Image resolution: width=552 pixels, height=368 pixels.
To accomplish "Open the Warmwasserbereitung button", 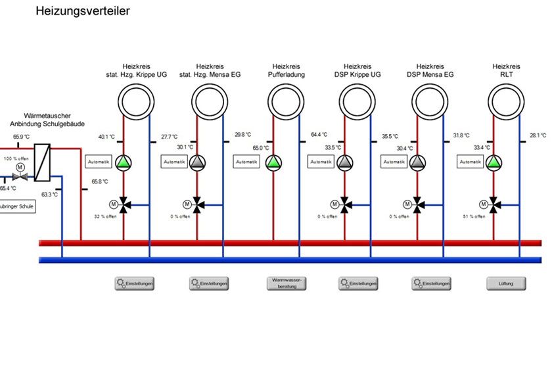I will [x=287, y=283].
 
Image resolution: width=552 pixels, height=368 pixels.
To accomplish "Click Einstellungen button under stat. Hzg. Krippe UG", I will [x=134, y=283].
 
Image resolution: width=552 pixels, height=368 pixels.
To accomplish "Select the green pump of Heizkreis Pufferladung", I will [x=273, y=162].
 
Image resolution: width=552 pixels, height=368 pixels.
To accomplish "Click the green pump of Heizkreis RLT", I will [x=494, y=162].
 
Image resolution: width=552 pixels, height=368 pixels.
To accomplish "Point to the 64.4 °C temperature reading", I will [x=319, y=135].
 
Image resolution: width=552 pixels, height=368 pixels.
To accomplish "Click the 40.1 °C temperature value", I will [x=106, y=137].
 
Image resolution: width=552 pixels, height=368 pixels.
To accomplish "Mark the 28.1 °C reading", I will [x=538, y=135].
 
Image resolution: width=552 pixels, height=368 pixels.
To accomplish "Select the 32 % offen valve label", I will [x=105, y=216].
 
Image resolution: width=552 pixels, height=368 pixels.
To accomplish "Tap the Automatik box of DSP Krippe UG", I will [x=322, y=162].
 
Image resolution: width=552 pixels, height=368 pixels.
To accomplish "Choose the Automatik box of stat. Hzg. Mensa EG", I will [x=175, y=162].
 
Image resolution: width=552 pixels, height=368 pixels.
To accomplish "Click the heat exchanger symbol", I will [x=42, y=162].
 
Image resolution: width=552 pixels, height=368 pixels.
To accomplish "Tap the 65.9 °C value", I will [x=22, y=137].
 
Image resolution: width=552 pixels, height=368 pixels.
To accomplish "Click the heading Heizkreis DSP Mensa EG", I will [x=430, y=70].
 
